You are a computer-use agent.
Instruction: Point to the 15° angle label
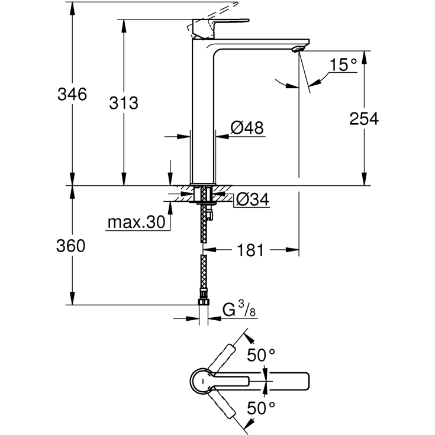point(343,65)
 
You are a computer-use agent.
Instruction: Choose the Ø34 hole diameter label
point(253,201)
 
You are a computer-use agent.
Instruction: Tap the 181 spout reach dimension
point(250,250)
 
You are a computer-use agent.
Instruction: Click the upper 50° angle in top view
point(261,356)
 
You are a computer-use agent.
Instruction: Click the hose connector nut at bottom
point(204,302)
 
